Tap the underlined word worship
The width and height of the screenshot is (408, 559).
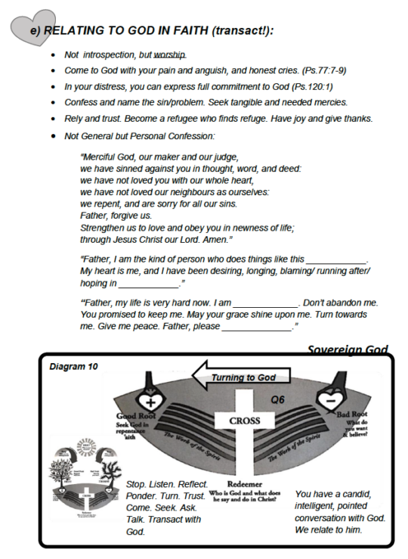pos(170,55)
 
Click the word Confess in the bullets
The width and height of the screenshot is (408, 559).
pos(82,103)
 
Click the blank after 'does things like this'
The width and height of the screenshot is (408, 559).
pos(337,259)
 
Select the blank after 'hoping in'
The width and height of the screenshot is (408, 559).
pos(149,284)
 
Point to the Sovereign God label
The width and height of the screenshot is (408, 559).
pos(348,349)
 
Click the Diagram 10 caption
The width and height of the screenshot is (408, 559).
pos(73,367)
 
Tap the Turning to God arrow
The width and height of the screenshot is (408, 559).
pos(240,377)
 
